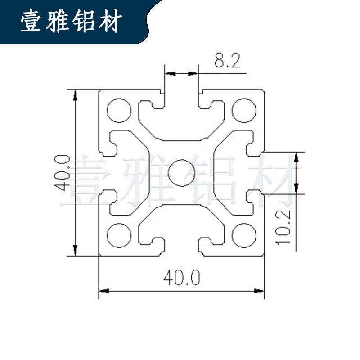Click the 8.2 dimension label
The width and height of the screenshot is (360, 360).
(228, 60)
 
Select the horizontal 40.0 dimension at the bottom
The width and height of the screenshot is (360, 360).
(181, 278)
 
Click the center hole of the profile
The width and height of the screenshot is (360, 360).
(181, 172)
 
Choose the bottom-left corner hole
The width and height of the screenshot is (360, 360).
(119, 235)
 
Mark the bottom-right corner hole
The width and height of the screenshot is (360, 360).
(244, 235)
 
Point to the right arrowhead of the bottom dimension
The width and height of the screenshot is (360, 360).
(260, 291)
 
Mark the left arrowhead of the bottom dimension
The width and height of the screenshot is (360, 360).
(103, 291)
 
